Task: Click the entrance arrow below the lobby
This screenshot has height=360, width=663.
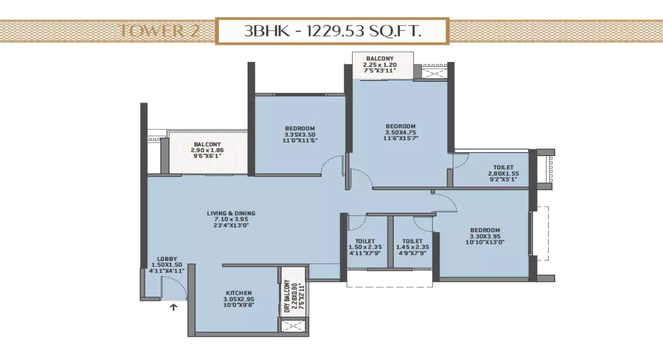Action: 173,307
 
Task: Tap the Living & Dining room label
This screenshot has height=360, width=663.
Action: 231,220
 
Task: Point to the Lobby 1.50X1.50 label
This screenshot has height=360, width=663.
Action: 167,264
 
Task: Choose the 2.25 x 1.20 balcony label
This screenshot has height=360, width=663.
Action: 380,64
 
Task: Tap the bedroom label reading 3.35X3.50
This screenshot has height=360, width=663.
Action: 300,134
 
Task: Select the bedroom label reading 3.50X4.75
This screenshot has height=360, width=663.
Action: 400,132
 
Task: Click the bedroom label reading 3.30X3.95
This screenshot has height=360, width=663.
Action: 485,236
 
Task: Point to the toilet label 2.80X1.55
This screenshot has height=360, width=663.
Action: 503,173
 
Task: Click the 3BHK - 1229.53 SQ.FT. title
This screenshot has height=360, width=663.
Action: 332,32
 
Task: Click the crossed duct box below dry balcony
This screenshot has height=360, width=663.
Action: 293,325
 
